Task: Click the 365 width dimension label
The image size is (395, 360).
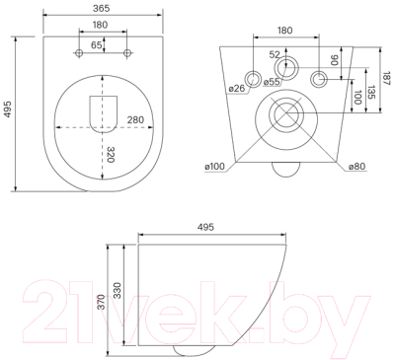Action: tap(101, 9)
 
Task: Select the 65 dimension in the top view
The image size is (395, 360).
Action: tap(97, 45)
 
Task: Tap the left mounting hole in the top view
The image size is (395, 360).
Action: tap(79, 53)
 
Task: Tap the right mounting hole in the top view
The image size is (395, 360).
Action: tap(127, 53)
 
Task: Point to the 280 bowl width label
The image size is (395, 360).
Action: tap(135, 120)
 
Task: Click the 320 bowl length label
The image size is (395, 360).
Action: tap(111, 155)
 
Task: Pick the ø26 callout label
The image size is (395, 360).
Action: tap(237, 88)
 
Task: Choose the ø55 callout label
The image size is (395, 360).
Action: tap(272, 82)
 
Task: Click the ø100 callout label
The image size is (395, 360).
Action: tap(214, 167)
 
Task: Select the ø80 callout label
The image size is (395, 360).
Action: tap(356, 167)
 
